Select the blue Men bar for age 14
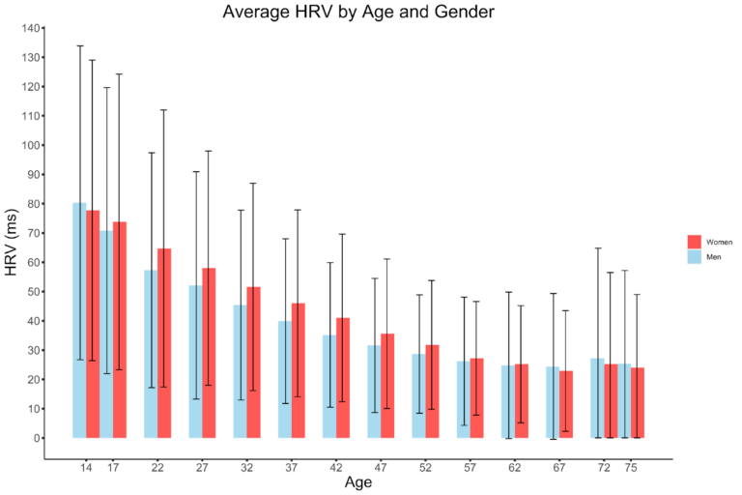click(x=79, y=320)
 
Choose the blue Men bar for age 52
click(x=418, y=396)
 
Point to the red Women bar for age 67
click(x=566, y=404)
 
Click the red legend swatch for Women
click(x=694, y=241)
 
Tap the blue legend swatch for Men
click(x=694, y=257)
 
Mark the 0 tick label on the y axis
click(x=39, y=438)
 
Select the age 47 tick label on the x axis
click(x=381, y=468)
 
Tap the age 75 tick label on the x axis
click(x=631, y=468)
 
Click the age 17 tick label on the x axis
click(x=113, y=468)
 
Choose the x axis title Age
click(x=358, y=481)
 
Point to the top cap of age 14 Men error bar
click(x=79, y=45)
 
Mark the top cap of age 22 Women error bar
click(x=164, y=110)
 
